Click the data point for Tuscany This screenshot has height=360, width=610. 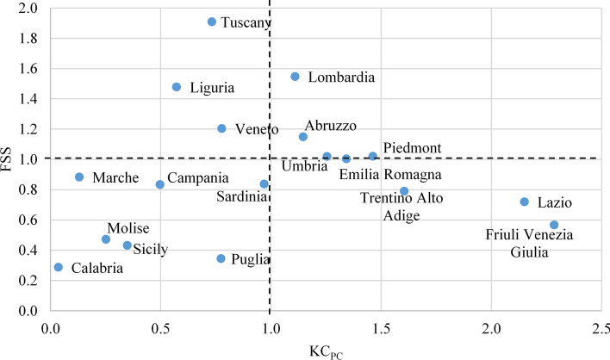[x=212, y=22]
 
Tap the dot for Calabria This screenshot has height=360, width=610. [x=59, y=267]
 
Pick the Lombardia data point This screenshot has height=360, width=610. [x=295, y=77]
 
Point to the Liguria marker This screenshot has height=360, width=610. [x=177, y=87]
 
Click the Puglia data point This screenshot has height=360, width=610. [x=221, y=258]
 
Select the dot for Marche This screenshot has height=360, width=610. [x=79, y=177]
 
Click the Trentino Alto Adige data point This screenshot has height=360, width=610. [x=404, y=191]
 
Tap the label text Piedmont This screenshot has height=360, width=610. [x=412, y=148]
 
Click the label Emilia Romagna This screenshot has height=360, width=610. [x=389, y=175]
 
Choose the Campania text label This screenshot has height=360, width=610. [x=198, y=178]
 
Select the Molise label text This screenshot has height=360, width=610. [x=128, y=228]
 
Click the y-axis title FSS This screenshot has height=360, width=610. [x=10, y=158]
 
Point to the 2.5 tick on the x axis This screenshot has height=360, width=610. [x=601, y=328]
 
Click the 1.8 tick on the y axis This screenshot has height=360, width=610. [x=27, y=39]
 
